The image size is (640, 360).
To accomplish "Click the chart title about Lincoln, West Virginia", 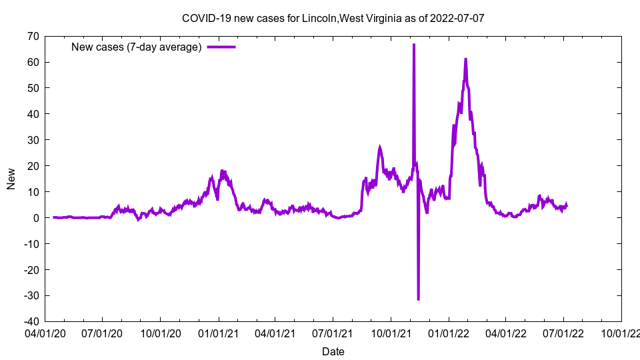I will [333, 18].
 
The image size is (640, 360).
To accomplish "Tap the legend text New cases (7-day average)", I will [136, 47].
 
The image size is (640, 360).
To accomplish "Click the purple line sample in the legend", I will [221, 47].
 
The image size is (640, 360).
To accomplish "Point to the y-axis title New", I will [11, 179].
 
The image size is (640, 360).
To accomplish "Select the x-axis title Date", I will [333, 351].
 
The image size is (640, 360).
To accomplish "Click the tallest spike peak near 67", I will [414, 45].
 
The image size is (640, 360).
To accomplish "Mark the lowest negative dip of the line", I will [418, 299].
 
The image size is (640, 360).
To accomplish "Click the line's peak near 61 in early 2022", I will [465, 59].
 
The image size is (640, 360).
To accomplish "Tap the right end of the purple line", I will [567, 205].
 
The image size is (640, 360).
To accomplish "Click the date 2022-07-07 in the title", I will [458, 18].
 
